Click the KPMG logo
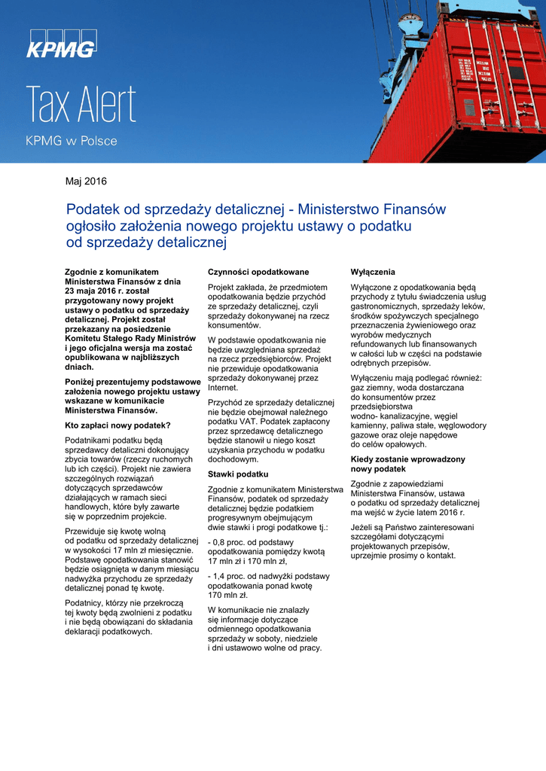pos(62,44)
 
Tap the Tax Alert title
pos(81,105)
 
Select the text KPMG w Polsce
pos(72,141)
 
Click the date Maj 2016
pos(87,181)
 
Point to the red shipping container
pos(459,83)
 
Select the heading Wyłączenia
pos(373,271)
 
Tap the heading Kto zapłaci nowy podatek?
pos(117,425)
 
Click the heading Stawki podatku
pos(238,474)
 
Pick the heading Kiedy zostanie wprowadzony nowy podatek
pos(407,464)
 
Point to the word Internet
pos(223,388)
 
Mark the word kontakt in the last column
pos(441,556)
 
